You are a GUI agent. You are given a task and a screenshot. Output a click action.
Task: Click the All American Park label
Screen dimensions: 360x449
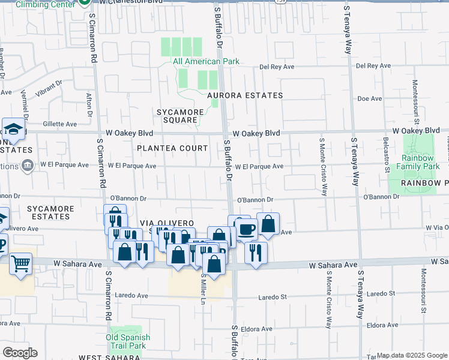pyautogui.click(x=206, y=61)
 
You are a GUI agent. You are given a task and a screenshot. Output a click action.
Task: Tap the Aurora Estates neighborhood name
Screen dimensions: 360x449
pyautogui.click(x=244, y=95)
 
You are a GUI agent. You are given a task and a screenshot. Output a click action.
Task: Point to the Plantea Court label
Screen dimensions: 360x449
pyautogui.click(x=172, y=148)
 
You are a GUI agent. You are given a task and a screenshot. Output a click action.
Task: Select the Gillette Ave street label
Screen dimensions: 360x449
pyautogui.click(x=63, y=124)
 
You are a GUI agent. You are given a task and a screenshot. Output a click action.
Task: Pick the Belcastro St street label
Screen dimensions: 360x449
pyautogui.click(x=385, y=155)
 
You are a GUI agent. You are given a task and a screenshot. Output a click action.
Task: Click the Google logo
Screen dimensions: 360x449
pyautogui.click(x=20, y=353)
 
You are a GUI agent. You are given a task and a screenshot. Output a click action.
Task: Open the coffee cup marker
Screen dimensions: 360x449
pyautogui.click(x=246, y=228)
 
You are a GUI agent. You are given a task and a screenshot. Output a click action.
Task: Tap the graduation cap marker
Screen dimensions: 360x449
pyautogui.click(x=13, y=128)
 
